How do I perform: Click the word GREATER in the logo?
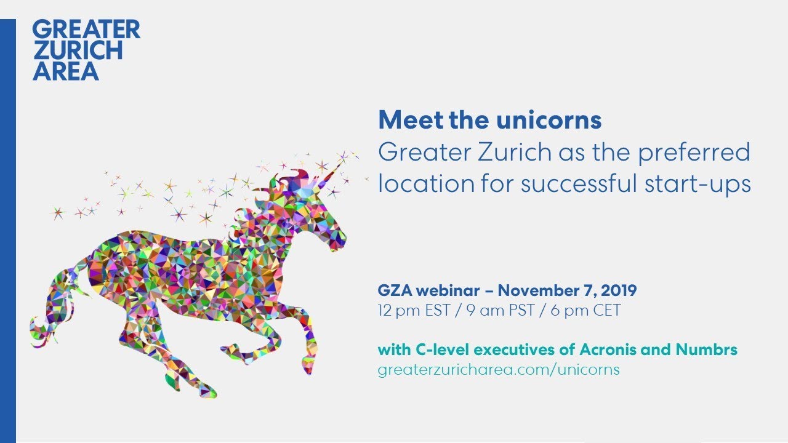tap(86, 29)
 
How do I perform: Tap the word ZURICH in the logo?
tap(78, 50)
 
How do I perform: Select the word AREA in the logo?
tap(66, 71)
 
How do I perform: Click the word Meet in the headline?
tap(411, 120)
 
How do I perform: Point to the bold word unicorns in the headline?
tap(549, 120)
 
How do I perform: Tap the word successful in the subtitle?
tap(579, 183)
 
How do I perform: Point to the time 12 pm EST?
tap(414, 311)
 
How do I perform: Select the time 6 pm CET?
tap(585, 311)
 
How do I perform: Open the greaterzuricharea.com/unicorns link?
tap(499, 370)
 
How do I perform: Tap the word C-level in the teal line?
tap(442, 350)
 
